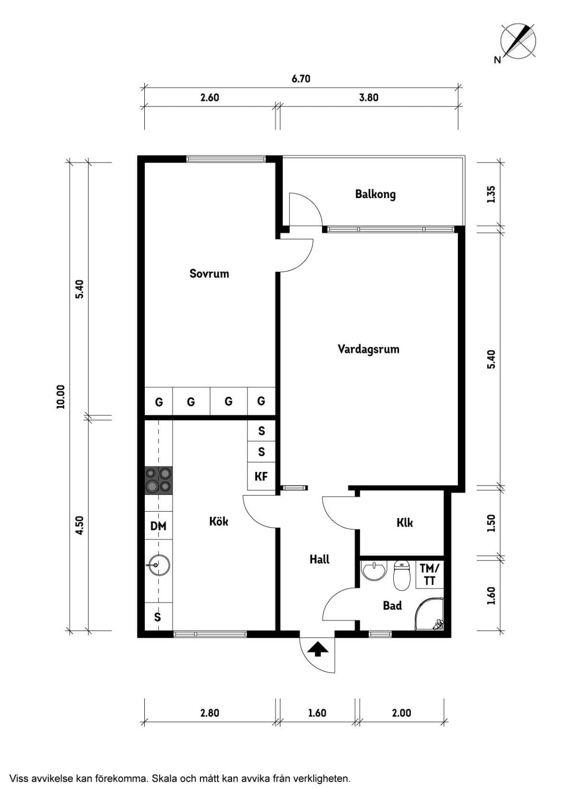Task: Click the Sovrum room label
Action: click(209, 273)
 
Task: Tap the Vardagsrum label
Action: click(368, 349)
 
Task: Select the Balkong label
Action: click(375, 194)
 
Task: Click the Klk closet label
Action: click(404, 522)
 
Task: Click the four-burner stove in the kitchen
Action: click(159, 480)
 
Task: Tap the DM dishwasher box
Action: click(158, 526)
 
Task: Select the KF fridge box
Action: click(261, 476)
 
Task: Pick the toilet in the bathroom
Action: click(402, 575)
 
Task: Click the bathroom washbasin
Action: click(374, 571)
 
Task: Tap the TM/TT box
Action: click(429, 574)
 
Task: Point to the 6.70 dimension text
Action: click(301, 79)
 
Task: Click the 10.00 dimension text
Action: click(60, 396)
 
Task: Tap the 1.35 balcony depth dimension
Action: click(491, 194)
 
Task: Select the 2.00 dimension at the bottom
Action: click(401, 713)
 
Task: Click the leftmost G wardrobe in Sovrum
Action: click(159, 401)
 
